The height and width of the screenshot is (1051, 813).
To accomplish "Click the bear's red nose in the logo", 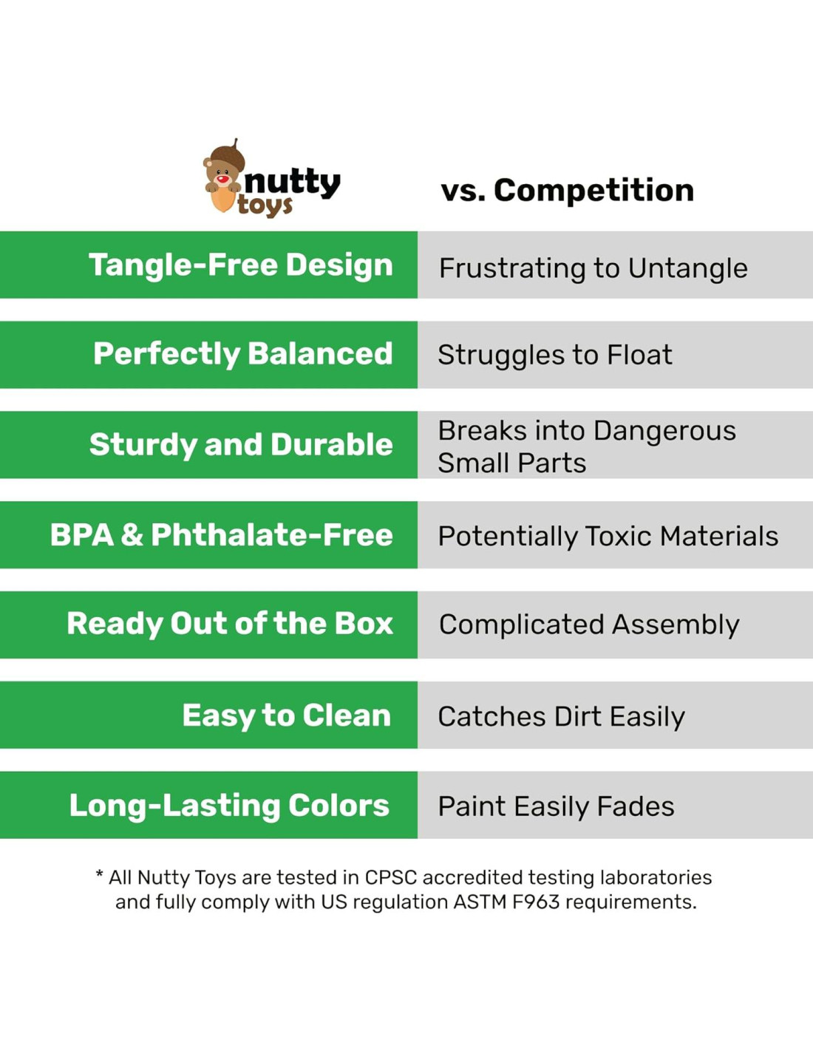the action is point(222,179).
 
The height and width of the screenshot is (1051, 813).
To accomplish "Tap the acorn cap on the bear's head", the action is point(228,154).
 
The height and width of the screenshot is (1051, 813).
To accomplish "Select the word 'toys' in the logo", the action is point(265,206).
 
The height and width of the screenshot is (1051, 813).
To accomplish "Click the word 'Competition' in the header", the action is point(594,190).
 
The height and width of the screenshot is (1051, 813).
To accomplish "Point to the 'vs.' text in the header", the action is point(464,191).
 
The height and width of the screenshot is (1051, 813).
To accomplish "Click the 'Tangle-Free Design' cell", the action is point(208,265).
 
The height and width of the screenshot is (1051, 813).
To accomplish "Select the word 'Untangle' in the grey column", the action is point(688,268).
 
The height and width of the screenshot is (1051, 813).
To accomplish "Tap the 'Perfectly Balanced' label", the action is point(242,353).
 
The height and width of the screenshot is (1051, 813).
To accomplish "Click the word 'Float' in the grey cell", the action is point(639,355).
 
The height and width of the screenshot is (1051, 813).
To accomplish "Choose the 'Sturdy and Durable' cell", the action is point(208,444).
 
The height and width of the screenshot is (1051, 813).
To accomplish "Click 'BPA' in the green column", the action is point(82,535).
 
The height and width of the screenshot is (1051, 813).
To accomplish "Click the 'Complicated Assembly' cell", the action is point(615,625).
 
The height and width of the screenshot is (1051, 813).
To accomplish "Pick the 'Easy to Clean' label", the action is point(286,715).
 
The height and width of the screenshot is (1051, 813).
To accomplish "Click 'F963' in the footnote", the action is point(536,902).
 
